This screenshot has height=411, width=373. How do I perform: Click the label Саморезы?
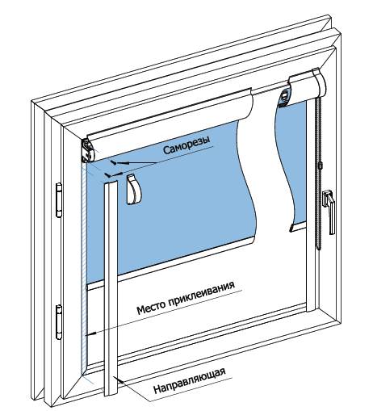pyautogui.click(x=186, y=145)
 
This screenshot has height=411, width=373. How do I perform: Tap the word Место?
pyautogui.click(x=151, y=308)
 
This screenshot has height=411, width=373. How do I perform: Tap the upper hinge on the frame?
pyautogui.click(x=59, y=200)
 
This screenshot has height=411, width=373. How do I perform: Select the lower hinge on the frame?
pyautogui.click(x=59, y=322)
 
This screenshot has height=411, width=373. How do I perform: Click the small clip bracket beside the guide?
pyautogui.click(x=133, y=190)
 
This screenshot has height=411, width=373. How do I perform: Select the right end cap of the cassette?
pyautogui.click(x=320, y=82)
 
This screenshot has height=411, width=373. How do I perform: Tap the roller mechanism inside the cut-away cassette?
pyautogui.click(x=284, y=98)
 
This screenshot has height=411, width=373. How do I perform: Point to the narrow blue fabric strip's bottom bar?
pyautogui.click(x=298, y=226)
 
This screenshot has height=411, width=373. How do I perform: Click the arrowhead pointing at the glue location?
pyautogui.click(x=93, y=334)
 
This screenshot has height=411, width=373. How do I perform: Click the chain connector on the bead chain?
pyautogui.click(x=321, y=166)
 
